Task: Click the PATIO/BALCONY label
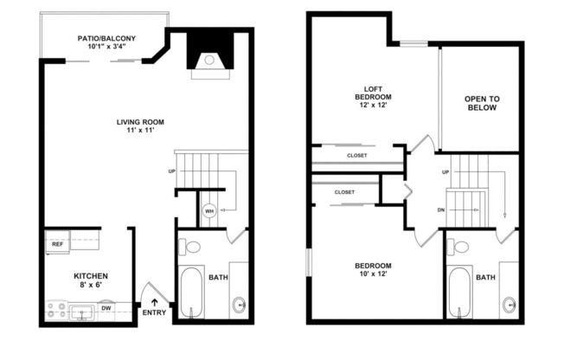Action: (x=105, y=37)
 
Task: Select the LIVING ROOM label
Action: (x=140, y=121)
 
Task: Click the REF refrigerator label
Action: (x=57, y=244)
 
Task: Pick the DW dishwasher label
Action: (x=106, y=308)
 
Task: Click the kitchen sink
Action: (x=83, y=309)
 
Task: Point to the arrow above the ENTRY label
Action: (x=155, y=302)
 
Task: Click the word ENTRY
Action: (x=155, y=312)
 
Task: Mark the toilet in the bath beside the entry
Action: (x=191, y=247)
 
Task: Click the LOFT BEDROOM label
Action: (x=374, y=92)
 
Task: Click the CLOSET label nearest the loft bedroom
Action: (x=356, y=156)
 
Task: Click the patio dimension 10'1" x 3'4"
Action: (x=105, y=47)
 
